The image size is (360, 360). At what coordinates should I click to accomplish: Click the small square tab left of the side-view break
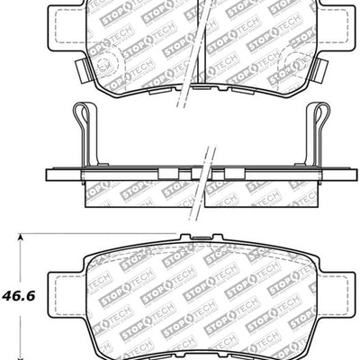click(x=166, y=172)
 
